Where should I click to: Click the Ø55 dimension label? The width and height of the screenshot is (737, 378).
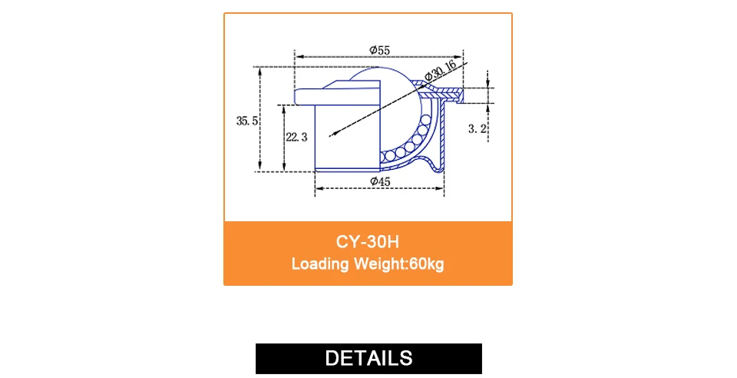click(x=380, y=50)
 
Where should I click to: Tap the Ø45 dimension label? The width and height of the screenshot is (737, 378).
click(x=380, y=181)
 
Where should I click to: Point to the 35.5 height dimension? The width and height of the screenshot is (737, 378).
click(x=246, y=121)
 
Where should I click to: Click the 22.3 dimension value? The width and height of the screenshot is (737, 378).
click(x=296, y=137)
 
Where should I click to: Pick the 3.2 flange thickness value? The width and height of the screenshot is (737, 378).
click(x=477, y=128)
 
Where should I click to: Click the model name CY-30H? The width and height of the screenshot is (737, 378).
click(x=368, y=242)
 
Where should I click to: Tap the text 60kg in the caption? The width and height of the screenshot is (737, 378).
click(x=427, y=264)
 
